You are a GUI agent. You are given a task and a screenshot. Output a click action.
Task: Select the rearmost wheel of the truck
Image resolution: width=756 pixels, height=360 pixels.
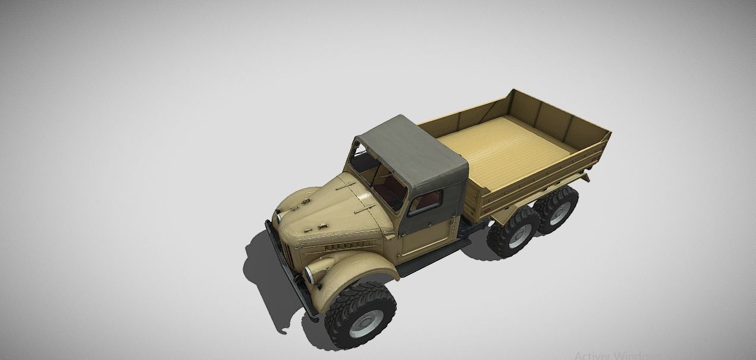click(558, 210)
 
